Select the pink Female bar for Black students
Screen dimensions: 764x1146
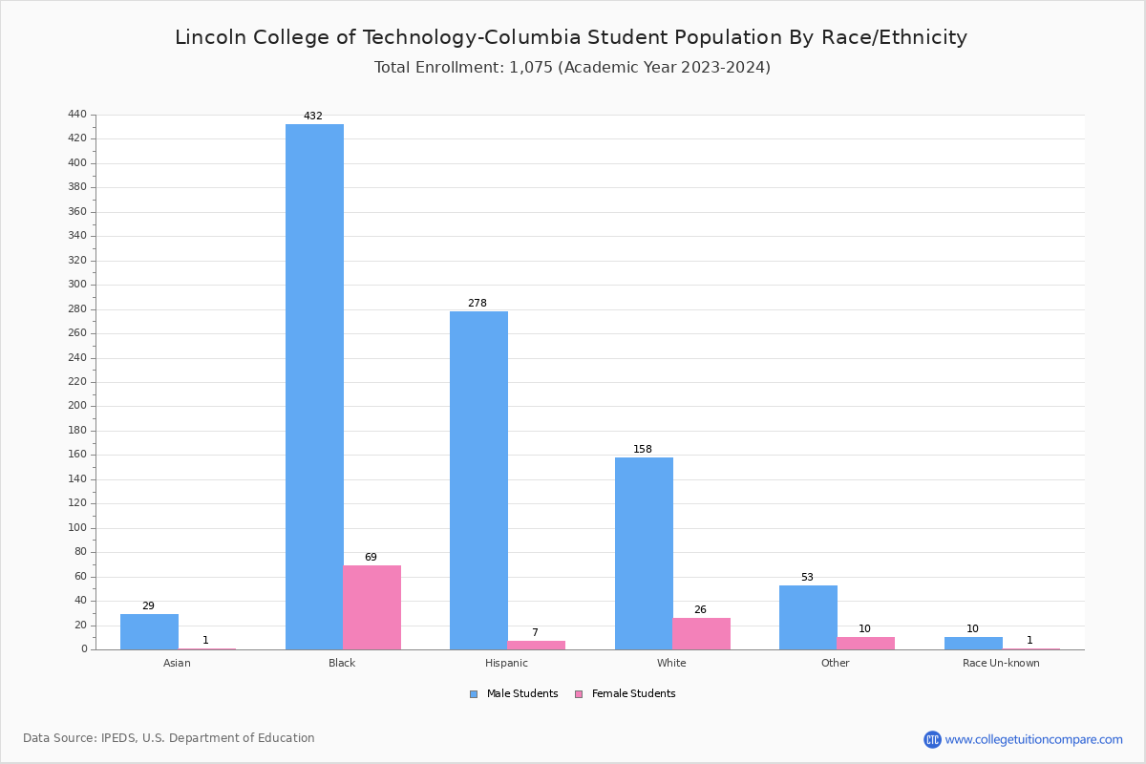tap(372, 607)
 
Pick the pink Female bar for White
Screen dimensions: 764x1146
tap(701, 633)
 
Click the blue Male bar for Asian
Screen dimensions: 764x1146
tap(149, 631)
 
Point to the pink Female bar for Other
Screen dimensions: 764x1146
tap(865, 643)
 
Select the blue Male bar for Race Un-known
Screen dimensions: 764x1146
tap(973, 643)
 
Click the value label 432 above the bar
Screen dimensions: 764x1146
tap(313, 117)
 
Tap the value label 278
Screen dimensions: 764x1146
tap(477, 304)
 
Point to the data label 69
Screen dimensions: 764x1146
tap(371, 558)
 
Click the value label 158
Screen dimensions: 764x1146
tap(643, 450)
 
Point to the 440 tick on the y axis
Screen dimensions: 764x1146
tap(77, 115)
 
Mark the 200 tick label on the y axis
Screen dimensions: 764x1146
tap(77, 406)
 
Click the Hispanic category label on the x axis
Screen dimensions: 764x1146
tap(506, 664)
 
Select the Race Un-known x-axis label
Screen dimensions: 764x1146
tap(1001, 664)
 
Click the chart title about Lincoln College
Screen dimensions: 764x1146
tap(571, 38)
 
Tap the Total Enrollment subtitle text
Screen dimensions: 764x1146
tap(572, 68)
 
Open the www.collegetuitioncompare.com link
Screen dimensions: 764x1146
tap(1033, 739)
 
